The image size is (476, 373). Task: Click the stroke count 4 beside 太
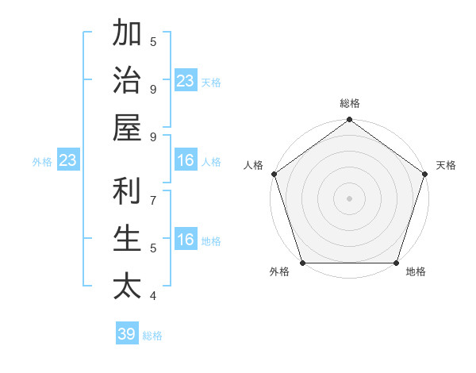153,296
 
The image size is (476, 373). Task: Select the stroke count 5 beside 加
153,42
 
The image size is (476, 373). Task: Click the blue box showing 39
127,334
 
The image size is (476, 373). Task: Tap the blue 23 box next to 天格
186,80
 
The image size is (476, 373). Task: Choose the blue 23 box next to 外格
68,160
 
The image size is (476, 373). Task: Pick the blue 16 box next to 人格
186,160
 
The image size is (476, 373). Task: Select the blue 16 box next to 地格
186,240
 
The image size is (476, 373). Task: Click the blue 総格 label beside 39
152,336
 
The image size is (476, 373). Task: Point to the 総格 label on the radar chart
349,103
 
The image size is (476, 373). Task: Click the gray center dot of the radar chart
349,198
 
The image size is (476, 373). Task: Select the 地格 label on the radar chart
416,271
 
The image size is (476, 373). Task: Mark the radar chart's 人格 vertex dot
274,174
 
